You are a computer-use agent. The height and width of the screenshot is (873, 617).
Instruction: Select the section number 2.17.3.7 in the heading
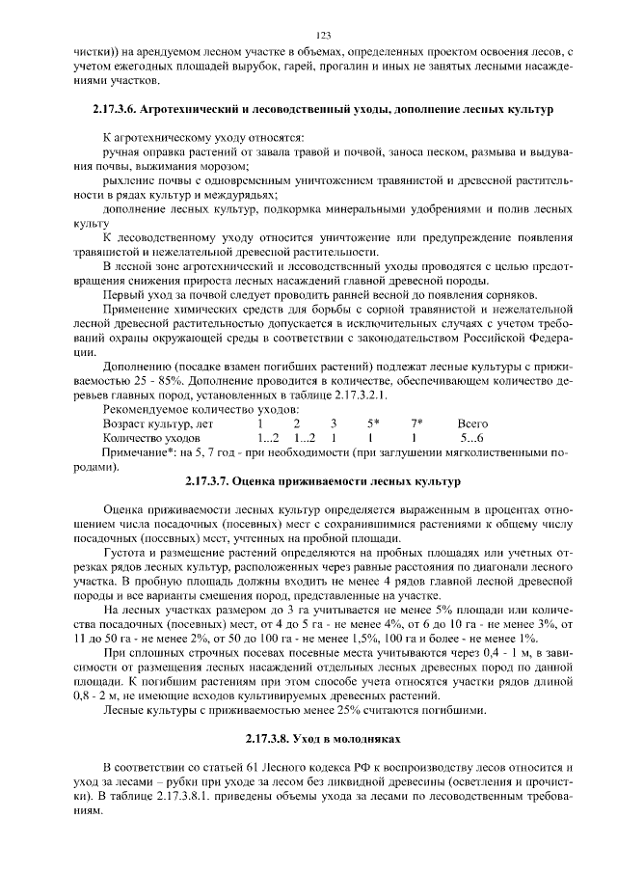click(213, 480)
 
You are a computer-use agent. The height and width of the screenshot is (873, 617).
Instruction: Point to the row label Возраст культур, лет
click(158, 423)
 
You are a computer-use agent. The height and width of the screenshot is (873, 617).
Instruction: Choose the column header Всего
click(472, 423)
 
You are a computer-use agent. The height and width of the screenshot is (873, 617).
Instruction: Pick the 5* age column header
click(373, 423)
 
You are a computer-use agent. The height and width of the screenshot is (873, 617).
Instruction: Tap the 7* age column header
click(416, 423)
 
